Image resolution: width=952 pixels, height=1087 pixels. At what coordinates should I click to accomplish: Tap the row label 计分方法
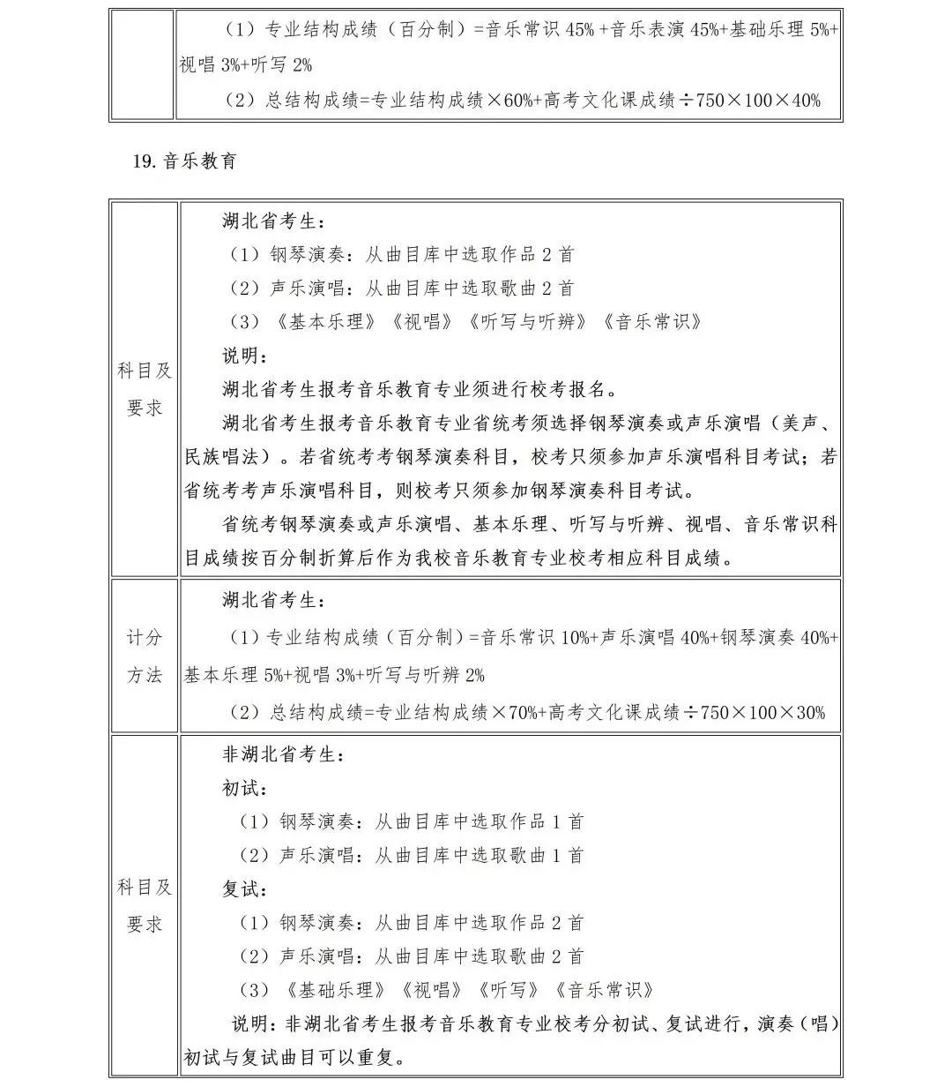click(145, 656)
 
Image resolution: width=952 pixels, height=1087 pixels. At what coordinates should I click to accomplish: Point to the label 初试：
click(244, 789)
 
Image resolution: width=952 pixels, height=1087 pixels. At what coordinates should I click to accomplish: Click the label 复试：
click(244, 889)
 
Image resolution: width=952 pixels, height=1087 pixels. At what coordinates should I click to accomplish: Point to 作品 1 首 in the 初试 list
click(546, 821)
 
